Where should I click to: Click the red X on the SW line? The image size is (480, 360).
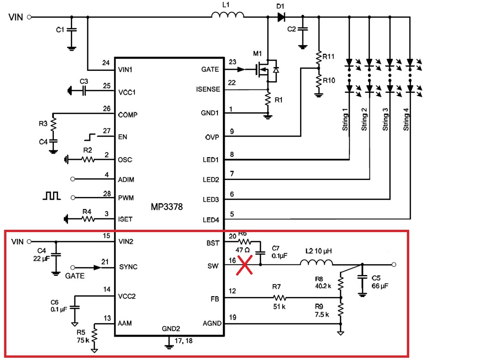click(245, 265)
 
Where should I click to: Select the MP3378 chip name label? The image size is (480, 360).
click(167, 207)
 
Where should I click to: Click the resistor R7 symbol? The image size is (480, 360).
click(276, 297)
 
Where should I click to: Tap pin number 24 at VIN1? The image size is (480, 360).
click(106, 63)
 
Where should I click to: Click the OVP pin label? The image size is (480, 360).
click(212, 137)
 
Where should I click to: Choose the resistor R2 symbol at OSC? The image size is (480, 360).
click(88, 160)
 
